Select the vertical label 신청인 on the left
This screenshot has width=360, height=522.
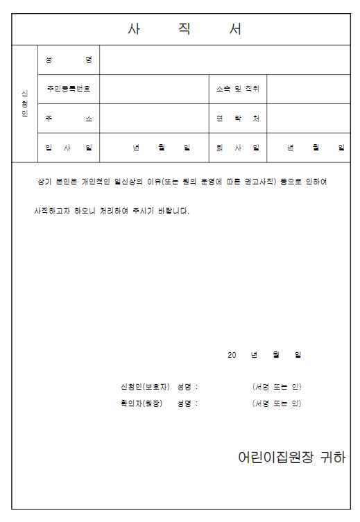coord(25,103)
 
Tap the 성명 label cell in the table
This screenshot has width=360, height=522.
coord(69,60)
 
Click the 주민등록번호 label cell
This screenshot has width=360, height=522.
coord(69,89)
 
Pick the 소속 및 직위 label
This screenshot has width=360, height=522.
coord(237,89)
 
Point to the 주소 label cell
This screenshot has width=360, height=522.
coord(69,119)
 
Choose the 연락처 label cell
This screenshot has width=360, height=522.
coord(237,119)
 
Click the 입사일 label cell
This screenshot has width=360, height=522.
coord(69,148)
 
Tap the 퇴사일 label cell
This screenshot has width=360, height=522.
coord(237,148)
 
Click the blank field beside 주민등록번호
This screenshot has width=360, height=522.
coord(154,89)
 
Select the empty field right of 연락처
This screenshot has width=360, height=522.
coord(308,119)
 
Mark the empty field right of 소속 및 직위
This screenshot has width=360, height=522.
coord(308,89)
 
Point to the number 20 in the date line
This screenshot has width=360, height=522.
coord(232,355)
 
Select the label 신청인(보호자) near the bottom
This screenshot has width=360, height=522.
coord(145,386)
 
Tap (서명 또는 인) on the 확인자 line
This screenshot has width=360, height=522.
coord(277,403)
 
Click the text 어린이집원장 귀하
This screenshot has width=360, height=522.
coord(291,458)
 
